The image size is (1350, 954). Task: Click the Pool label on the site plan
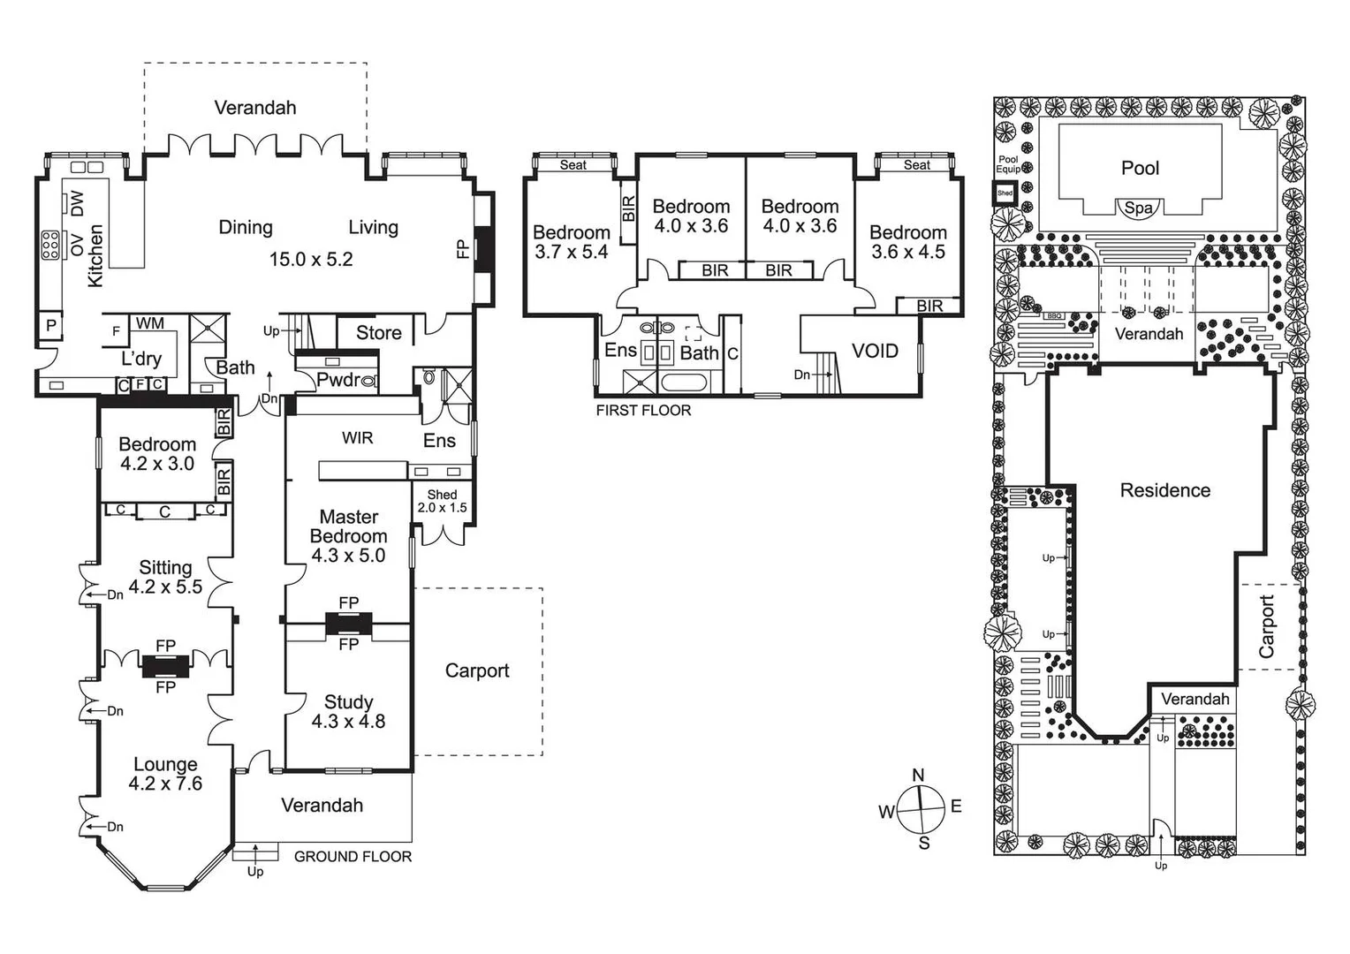(1141, 168)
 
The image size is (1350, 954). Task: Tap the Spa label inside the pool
(1139, 208)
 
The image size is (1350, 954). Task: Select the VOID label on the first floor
(875, 351)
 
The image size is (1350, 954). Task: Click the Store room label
(378, 333)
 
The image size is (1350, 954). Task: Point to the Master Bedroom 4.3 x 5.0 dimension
(348, 555)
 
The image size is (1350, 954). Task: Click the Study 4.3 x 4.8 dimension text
(348, 722)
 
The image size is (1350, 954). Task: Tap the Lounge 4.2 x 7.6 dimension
(165, 784)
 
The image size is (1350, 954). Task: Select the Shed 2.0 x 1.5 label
(442, 502)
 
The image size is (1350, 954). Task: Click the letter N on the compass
(918, 775)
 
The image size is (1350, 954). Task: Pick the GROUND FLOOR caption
(353, 856)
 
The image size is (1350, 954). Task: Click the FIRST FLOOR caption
(644, 411)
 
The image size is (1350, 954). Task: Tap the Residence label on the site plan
(1165, 490)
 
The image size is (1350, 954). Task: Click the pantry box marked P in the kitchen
(51, 326)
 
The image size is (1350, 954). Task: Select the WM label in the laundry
(150, 323)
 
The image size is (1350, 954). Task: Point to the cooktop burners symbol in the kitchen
(50, 246)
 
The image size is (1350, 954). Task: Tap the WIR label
(358, 438)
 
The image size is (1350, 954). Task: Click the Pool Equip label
(1008, 164)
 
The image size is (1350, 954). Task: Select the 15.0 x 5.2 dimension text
(311, 260)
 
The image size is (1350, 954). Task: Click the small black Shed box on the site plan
(1005, 193)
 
